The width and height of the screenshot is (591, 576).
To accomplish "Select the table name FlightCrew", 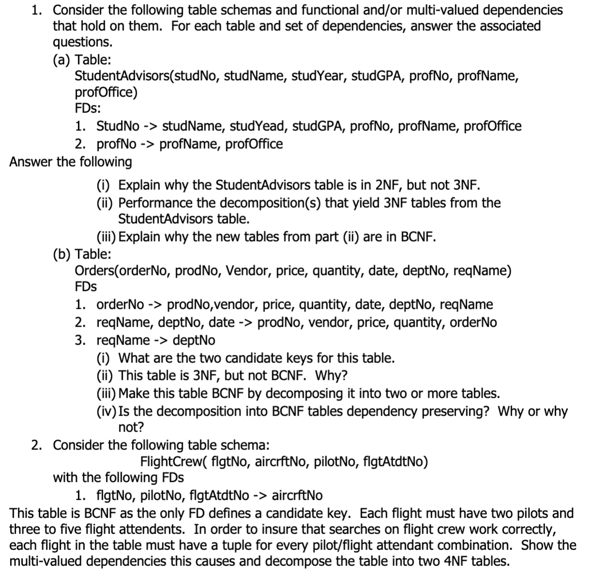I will pyautogui.click(x=169, y=462).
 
